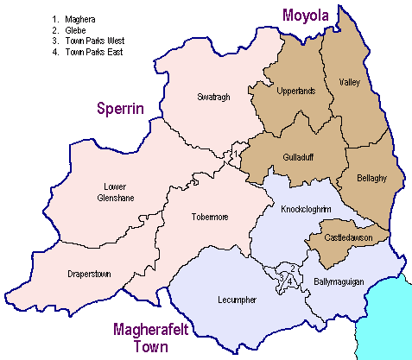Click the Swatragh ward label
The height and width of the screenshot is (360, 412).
coord(213,96)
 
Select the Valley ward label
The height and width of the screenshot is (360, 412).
coord(349,83)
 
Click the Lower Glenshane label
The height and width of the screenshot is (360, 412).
coord(114,193)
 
